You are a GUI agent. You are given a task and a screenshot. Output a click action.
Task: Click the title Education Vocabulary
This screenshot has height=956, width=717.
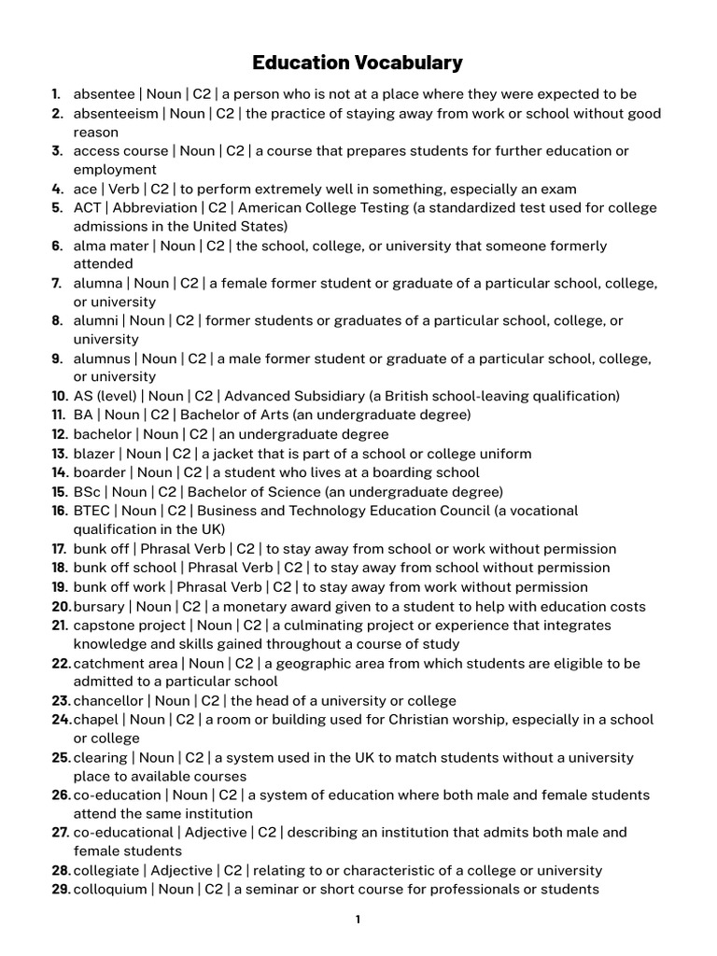(358, 63)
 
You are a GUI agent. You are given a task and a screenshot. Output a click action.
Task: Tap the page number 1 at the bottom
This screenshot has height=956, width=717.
(358, 920)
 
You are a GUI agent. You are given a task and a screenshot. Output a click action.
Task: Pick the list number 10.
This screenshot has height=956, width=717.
(59, 396)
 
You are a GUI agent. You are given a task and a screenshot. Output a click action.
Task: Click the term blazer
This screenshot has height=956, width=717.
(94, 454)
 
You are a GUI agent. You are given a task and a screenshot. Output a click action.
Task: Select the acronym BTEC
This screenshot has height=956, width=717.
(92, 511)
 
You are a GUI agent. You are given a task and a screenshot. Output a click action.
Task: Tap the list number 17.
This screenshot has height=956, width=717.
(59, 549)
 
